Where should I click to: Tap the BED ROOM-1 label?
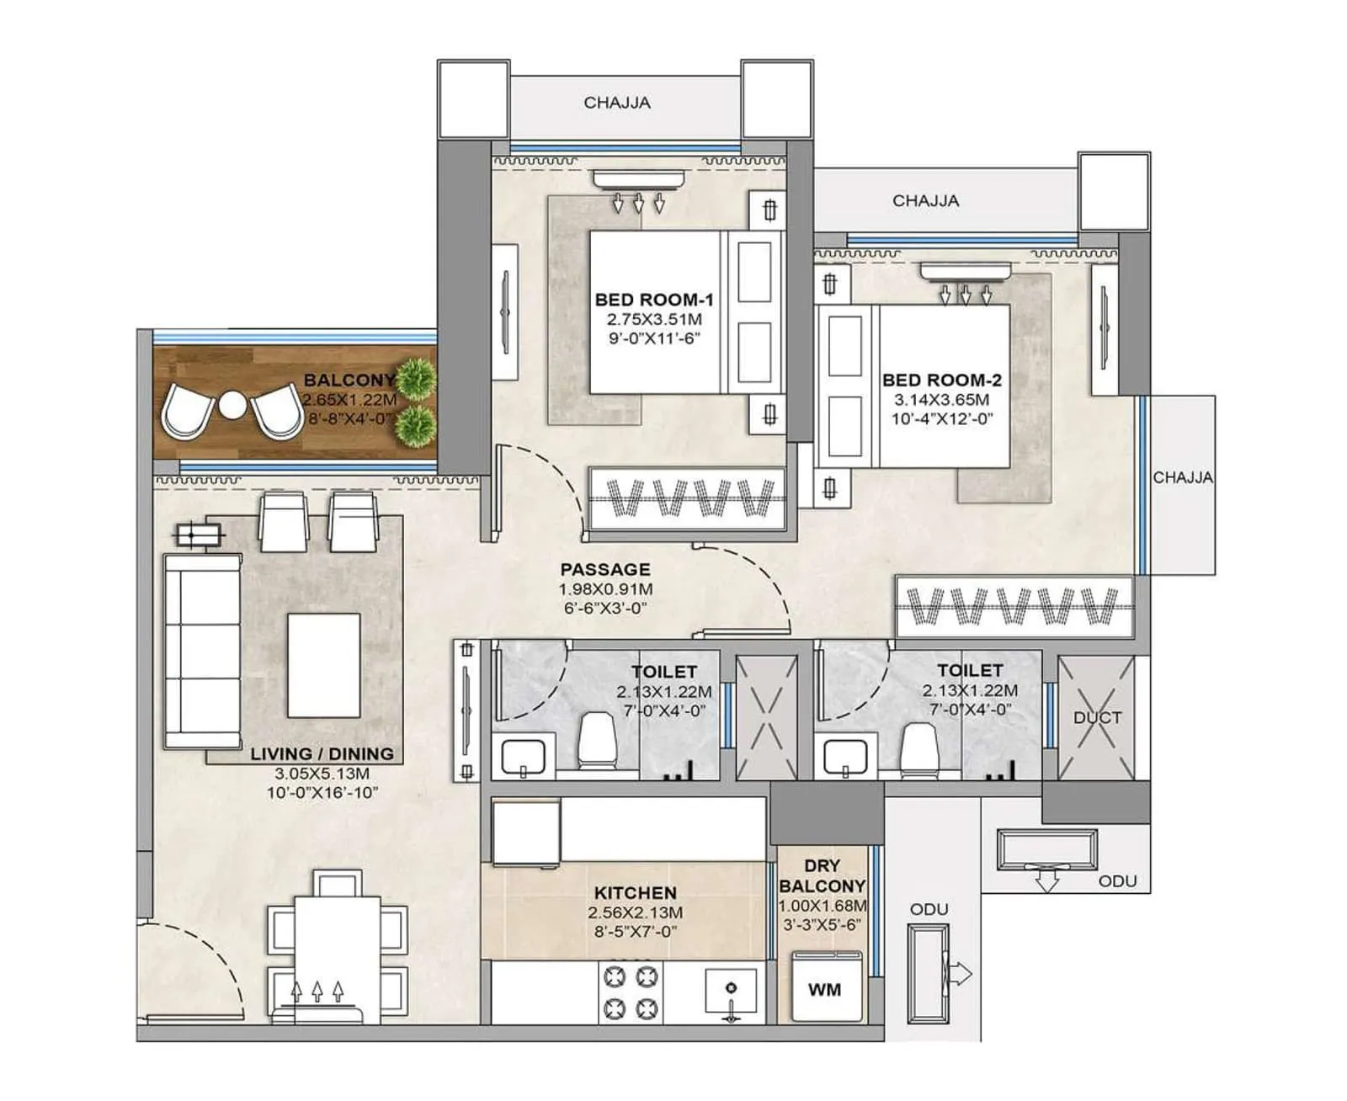pos(654,300)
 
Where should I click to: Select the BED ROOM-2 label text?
pos(941,380)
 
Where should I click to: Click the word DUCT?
pos(1097,718)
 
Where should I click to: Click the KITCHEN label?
pos(635,893)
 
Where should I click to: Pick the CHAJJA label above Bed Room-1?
pos(617,103)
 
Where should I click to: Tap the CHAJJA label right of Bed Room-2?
pos(1182,477)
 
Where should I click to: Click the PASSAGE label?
pos(605,570)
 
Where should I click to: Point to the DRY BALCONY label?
pos(822,875)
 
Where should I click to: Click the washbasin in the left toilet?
pos(523,755)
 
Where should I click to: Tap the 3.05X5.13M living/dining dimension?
pos(322,774)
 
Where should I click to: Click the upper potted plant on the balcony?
pos(416,378)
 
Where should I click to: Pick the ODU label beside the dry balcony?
pos(929,910)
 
